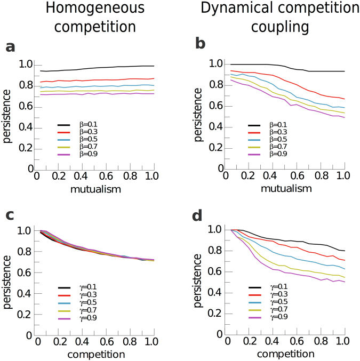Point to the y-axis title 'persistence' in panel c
(x=7, y=282)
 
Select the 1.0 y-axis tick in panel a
(x=24, y=65)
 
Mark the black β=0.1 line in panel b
(x=267, y=65)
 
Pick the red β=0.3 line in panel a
(x=96, y=80)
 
